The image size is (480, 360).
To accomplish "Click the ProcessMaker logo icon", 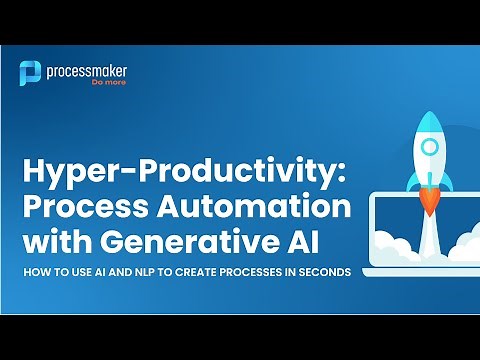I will [31, 73].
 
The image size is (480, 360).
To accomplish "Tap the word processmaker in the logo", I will [87, 69].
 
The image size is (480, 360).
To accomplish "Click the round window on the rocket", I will [427, 147].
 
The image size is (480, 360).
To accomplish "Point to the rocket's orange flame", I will [427, 204].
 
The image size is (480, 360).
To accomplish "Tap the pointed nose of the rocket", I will [427, 116].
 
